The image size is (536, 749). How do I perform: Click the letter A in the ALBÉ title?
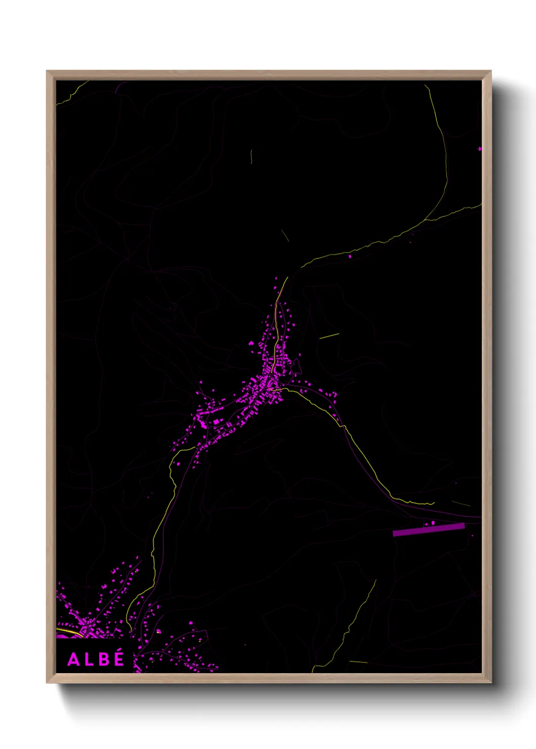point(73,659)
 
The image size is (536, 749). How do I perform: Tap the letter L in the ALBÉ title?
point(89,659)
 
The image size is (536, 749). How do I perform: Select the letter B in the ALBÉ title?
point(103,659)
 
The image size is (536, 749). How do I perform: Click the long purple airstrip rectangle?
point(429,530)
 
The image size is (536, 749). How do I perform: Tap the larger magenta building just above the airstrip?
point(433,523)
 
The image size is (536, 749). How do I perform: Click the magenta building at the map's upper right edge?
point(480,149)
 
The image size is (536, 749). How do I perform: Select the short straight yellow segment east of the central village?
point(329,336)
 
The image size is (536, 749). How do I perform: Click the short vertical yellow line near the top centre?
point(251,156)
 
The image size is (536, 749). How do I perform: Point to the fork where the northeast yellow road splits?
point(425,220)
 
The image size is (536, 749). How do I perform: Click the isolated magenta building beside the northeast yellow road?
point(350,257)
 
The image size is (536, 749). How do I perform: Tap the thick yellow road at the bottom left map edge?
point(68,632)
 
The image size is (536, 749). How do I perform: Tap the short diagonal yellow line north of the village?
point(285,236)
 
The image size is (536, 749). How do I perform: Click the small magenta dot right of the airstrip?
point(472,535)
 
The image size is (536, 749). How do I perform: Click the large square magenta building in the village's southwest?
point(216,421)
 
